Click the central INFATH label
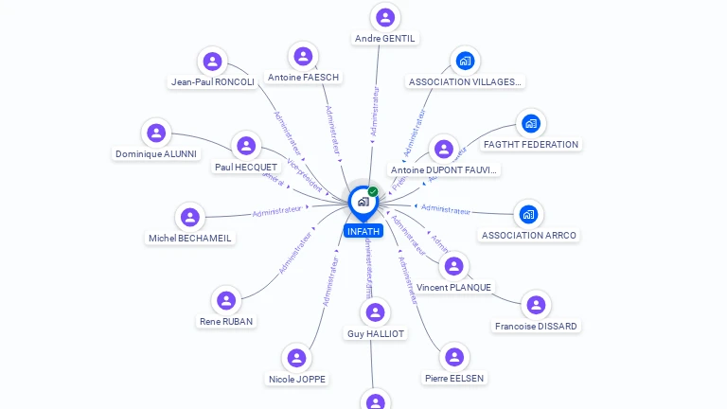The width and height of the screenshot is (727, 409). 363,231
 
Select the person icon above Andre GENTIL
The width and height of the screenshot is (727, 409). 385,17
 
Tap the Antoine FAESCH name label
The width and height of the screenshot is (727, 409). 303,77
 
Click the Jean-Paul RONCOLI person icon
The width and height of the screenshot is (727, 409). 213,62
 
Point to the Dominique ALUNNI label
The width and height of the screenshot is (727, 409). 156,153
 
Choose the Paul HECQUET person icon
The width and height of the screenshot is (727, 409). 246,146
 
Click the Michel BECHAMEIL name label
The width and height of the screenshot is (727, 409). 190,238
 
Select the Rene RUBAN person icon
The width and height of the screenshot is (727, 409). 225,300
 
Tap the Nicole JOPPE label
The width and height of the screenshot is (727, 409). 297,379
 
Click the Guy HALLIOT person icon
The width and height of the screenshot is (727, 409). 376,311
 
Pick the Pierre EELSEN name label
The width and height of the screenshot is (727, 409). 454,378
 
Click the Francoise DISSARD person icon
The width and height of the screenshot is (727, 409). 536,304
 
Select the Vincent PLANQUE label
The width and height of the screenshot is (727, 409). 454,287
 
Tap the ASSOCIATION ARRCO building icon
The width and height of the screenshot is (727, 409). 528,214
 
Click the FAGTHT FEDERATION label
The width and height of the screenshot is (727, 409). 531,145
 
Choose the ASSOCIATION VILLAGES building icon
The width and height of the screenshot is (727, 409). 465,61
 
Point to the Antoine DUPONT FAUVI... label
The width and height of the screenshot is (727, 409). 444,170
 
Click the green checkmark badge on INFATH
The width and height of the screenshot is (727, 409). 373,191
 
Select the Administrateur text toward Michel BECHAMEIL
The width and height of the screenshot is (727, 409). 277,211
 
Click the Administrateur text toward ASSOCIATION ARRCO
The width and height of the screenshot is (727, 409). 445,209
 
